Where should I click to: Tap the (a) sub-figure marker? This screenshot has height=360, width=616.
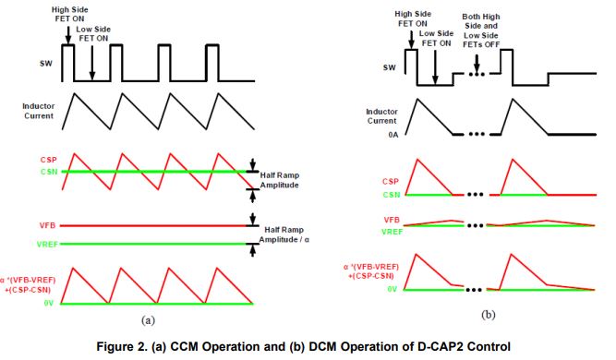pos(147,319)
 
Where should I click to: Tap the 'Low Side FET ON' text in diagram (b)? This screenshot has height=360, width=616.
pos(436,36)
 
